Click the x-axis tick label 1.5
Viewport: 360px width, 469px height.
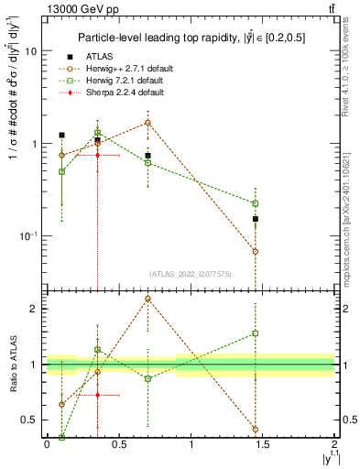tap(264, 444)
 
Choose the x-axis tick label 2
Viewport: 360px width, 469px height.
tap(335, 444)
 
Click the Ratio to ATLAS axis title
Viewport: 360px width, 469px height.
tap(13, 365)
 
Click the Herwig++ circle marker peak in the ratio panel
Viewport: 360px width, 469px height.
tap(147, 299)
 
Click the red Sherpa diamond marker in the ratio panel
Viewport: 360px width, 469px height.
tap(97, 395)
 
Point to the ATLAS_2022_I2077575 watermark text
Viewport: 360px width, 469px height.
tap(191, 274)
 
